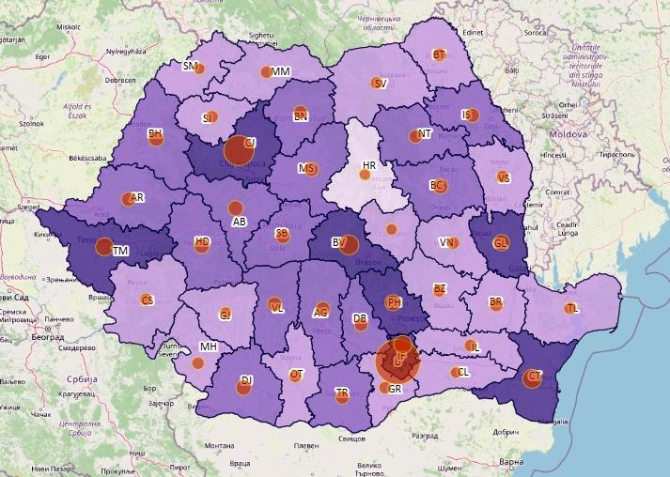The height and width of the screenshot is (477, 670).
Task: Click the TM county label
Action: pyautogui.click(x=120, y=251)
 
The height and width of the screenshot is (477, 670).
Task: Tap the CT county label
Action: pyautogui.click(x=536, y=377)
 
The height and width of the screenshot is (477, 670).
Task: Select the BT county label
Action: pyautogui.click(x=439, y=55)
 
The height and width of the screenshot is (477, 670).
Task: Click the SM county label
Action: pyautogui.click(x=190, y=67)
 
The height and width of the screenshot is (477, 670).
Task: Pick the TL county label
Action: pyautogui.click(x=573, y=309)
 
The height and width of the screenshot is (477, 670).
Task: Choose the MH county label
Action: pyautogui.click(x=208, y=346)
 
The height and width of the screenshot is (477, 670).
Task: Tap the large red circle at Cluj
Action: pyautogui.click(x=235, y=150)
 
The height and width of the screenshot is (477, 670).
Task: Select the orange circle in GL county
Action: pyautogui.click(x=502, y=243)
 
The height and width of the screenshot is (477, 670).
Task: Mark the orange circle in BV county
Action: pyautogui.click(x=348, y=244)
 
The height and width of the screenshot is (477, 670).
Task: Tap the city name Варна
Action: pyautogui.click(x=512, y=462)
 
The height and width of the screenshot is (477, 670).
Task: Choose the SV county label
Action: pyautogui.click(x=380, y=84)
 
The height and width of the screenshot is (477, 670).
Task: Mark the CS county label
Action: pyautogui.click(x=147, y=300)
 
